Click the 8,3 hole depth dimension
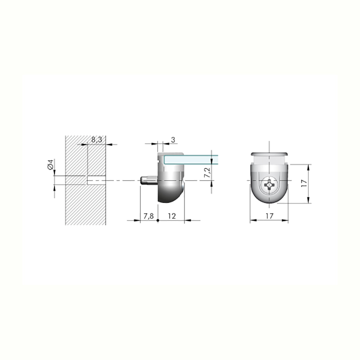(97, 139)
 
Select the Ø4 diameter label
(50, 165)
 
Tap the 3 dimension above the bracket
(173, 139)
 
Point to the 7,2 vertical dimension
(207, 172)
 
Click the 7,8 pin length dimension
(148, 216)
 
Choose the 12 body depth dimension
(172, 216)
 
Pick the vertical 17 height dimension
(304, 183)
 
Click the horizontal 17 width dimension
(270, 216)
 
